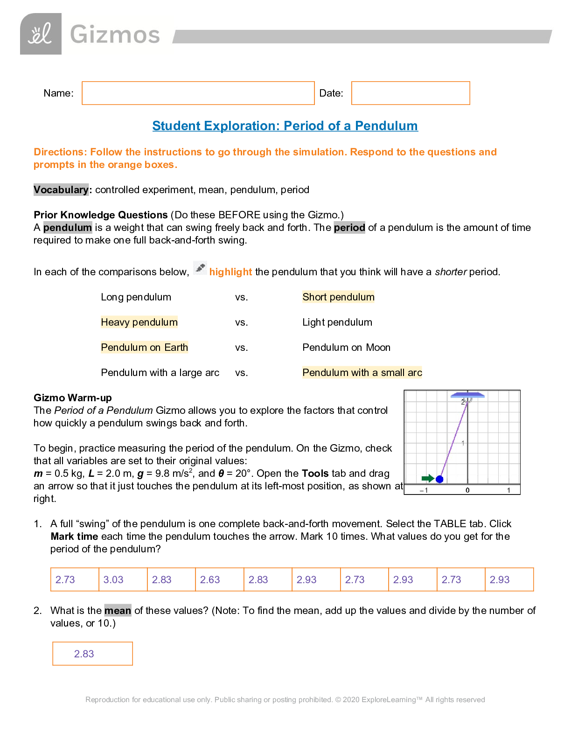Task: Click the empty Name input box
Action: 198,93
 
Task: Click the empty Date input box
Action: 410,93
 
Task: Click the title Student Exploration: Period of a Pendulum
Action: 285,126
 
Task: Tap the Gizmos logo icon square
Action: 41,34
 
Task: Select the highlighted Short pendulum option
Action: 338,297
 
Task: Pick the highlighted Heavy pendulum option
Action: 139,322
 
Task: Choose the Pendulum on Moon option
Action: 346,348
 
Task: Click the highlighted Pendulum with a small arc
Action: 362,373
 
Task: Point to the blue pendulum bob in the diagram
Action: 439,479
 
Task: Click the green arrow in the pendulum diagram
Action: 427,478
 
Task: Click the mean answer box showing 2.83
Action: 92,654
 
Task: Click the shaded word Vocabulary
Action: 61,190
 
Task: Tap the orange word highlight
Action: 230,272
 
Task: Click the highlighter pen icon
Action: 200,268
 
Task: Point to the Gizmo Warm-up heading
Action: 73,398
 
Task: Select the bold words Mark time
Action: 74,537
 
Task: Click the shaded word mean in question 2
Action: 118,611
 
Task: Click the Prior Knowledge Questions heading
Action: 101,215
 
